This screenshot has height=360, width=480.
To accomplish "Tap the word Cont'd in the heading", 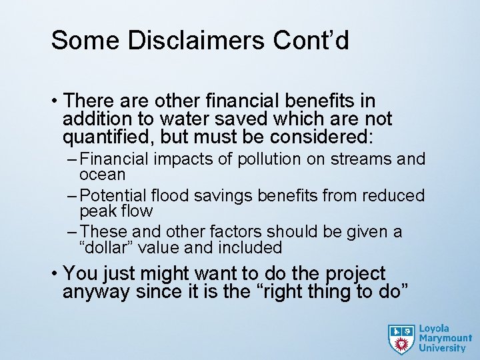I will tap(311, 41).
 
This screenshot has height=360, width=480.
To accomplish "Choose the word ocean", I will tap(102, 175).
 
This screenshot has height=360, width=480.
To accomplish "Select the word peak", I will tap(97, 211).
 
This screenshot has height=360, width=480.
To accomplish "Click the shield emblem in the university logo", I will tap(401, 339).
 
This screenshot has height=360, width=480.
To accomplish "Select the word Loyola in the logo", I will tap(435, 329).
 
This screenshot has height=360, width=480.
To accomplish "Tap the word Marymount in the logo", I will tap(445, 338).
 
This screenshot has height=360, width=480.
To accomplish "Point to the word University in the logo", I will tap(443, 348).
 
